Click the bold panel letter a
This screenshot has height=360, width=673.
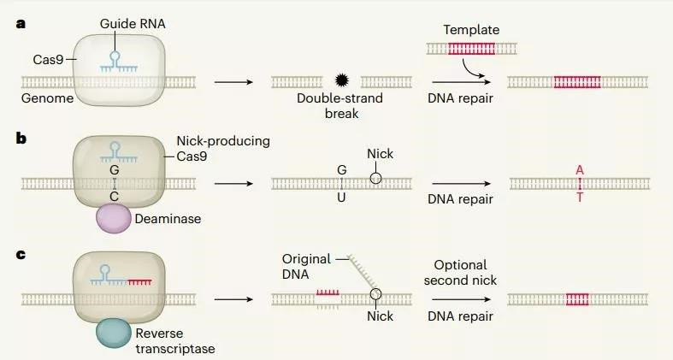[21, 23]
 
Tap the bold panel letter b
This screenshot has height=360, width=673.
[21, 139]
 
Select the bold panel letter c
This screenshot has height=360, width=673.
[21, 255]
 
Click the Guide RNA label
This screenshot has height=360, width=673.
[133, 24]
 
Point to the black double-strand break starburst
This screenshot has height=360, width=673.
[342, 80]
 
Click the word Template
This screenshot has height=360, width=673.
[471, 30]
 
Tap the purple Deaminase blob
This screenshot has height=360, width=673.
[114, 218]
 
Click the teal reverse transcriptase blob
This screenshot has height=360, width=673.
[114, 333]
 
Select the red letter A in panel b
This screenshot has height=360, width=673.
[580, 170]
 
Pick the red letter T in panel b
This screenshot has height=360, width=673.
[580, 198]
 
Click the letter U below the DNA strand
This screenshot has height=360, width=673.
[341, 198]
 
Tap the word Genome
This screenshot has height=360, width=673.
[47, 98]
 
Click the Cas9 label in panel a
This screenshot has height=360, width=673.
[48, 60]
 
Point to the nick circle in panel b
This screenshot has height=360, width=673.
[375, 178]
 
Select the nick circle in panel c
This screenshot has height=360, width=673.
[375, 294]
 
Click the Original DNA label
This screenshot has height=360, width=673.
[306, 267]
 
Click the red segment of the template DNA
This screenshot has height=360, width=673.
[472, 49]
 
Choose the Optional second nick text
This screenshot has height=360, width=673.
[460, 273]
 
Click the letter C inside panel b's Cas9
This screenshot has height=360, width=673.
[115, 197]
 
